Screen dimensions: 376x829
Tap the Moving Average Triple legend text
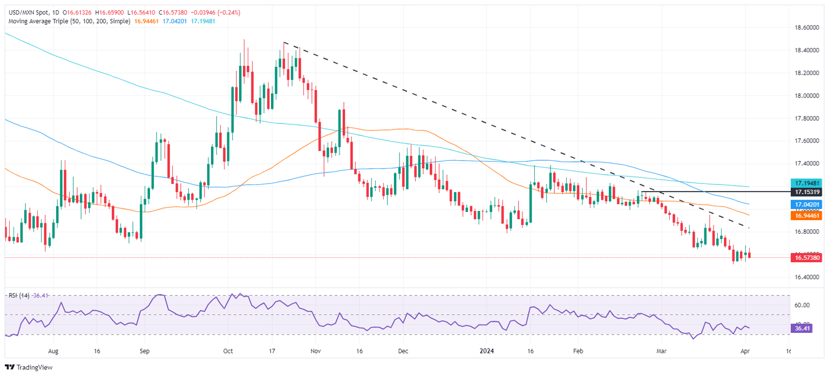click(68, 21)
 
